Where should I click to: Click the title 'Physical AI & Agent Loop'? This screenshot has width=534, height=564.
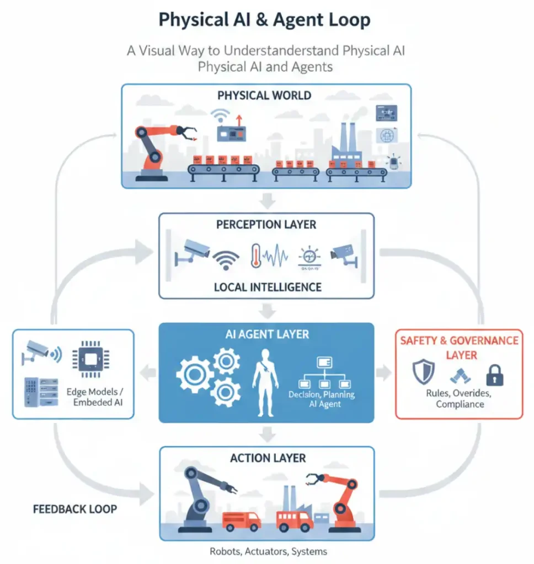[x=264, y=20]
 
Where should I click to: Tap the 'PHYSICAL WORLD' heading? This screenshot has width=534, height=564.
[x=264, y=95]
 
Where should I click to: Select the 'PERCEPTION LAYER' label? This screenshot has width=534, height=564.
[x=267, y=225]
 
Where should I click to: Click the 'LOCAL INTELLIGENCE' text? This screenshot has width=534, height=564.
[x=267, y=287]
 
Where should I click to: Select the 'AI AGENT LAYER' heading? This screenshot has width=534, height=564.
[x=267, y=334]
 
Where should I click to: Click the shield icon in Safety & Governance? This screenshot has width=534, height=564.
[x=423, y=372]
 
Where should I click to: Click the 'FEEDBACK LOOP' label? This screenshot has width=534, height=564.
[x=75, y=508]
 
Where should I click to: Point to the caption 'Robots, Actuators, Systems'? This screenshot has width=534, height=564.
[x=268, y=551]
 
